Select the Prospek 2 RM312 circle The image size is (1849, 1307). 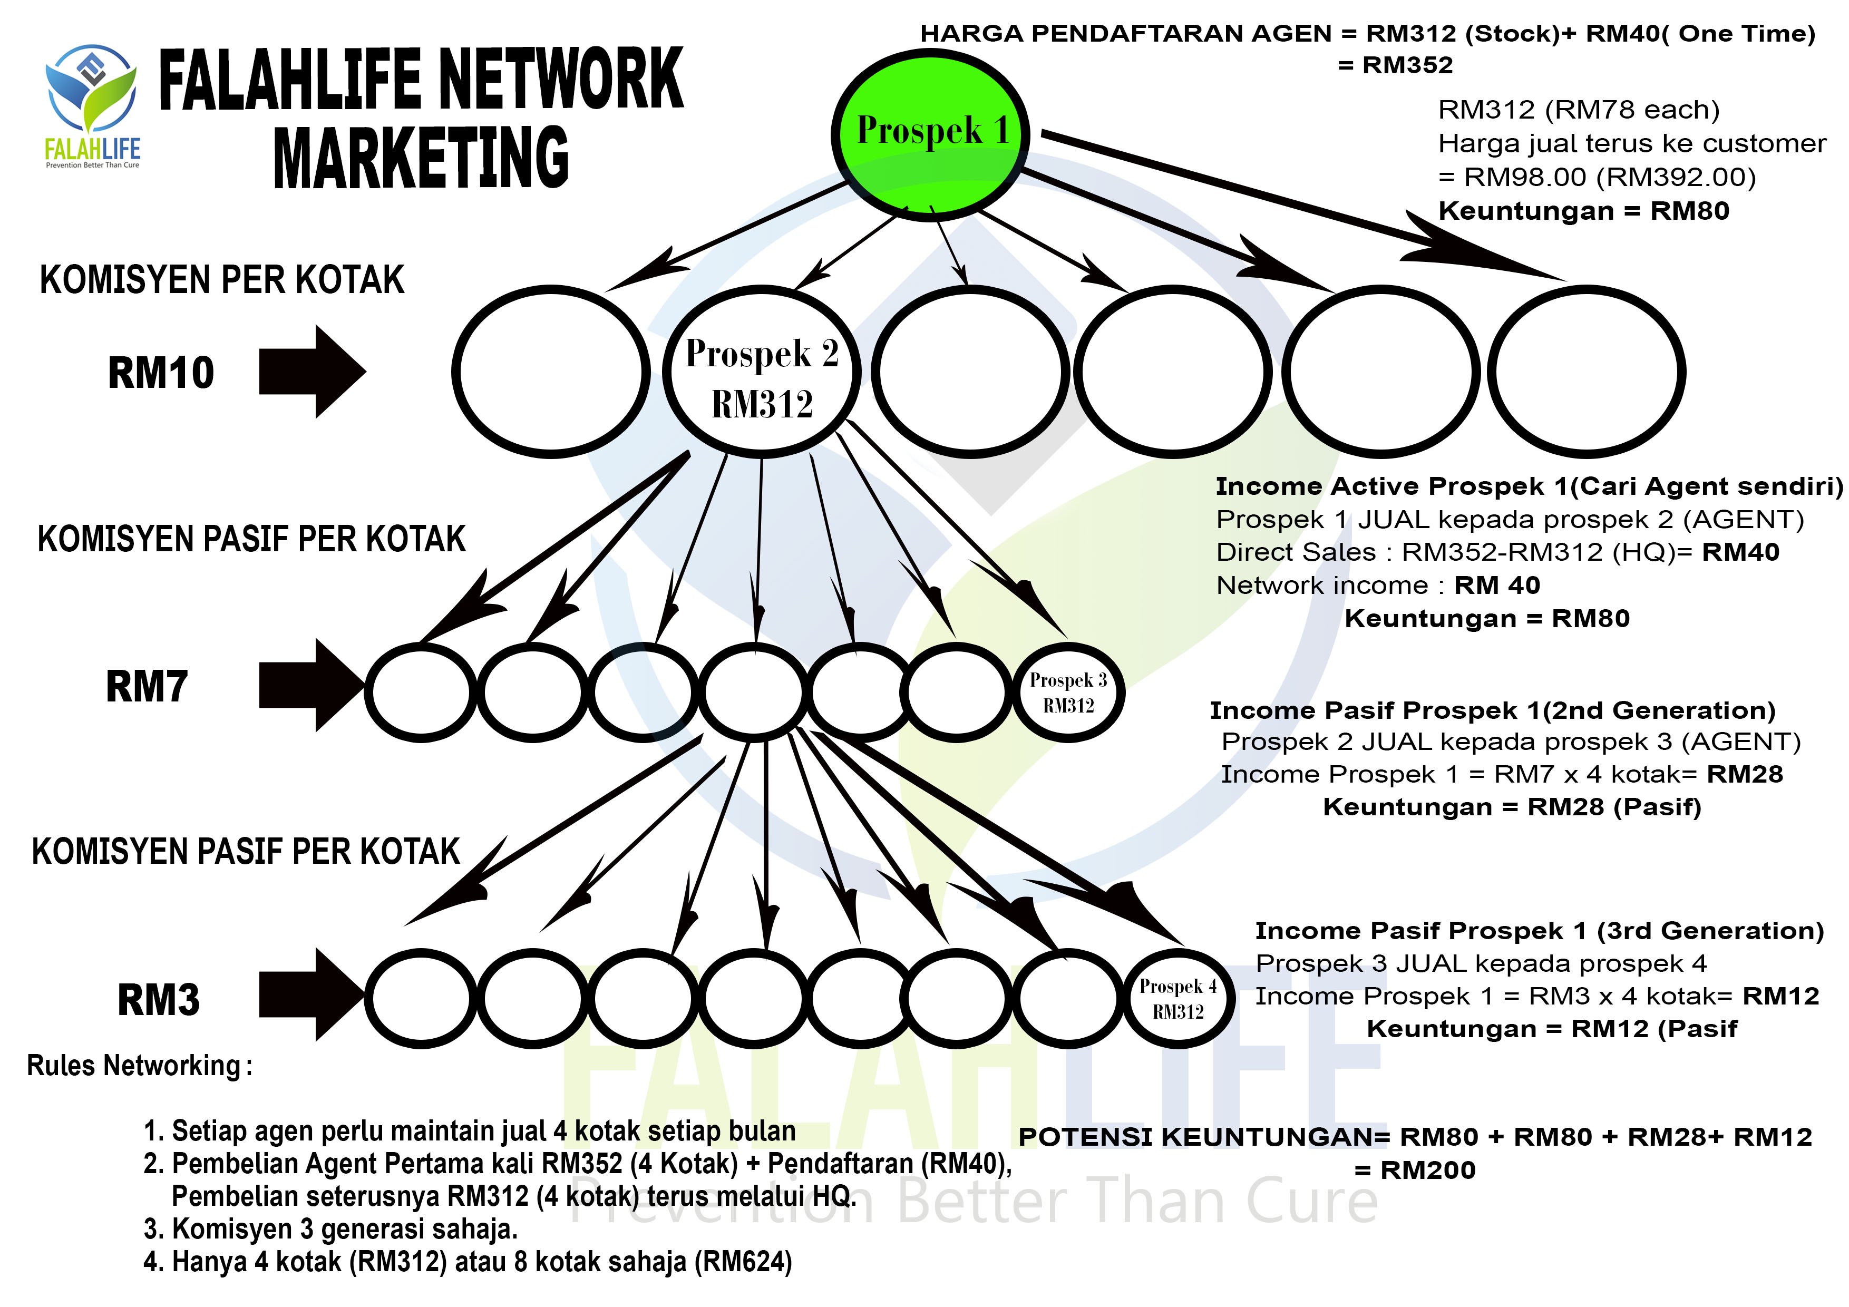click(x=761, y=372)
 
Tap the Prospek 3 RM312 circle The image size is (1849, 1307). click(x=1068, y=692)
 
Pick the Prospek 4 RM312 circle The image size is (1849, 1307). click(x=1177, y=999)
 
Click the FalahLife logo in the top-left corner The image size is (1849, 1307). click(x=92, y=105)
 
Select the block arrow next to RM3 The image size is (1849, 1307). click(x=312, y=996)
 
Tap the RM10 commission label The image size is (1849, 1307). click(x=161, y=373)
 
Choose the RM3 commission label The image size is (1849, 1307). click(x=159, y=1000)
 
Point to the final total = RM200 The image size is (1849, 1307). click(x=1415, y=1170)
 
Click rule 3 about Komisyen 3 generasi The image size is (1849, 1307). click(x=330, y=1229)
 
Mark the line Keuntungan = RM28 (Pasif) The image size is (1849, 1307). click(x=1512, y=807)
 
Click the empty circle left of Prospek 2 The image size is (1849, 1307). click(x=551, y=372)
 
